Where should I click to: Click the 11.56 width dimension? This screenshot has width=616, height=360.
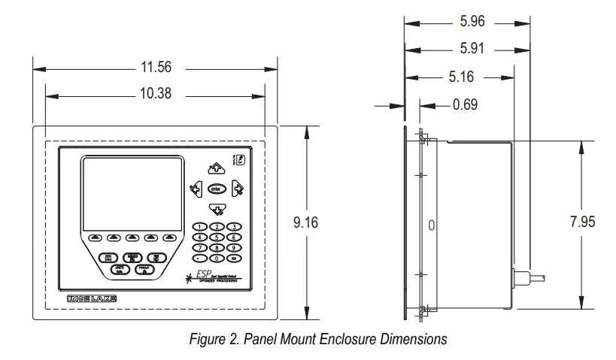(156, 67)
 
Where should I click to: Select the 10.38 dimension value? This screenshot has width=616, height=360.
(156, 95)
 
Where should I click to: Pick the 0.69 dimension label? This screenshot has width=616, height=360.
(466, 104)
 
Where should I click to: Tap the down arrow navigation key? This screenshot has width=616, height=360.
(217, 208)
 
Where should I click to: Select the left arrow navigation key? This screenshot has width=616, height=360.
(196, 189)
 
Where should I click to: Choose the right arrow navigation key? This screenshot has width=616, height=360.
(238, 189)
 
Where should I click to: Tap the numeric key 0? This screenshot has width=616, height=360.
(217, 257)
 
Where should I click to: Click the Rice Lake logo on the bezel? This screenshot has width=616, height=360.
(92, 299)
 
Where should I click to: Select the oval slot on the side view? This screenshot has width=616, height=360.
(431, 225)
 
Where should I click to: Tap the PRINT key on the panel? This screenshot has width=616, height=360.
(145, 270)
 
